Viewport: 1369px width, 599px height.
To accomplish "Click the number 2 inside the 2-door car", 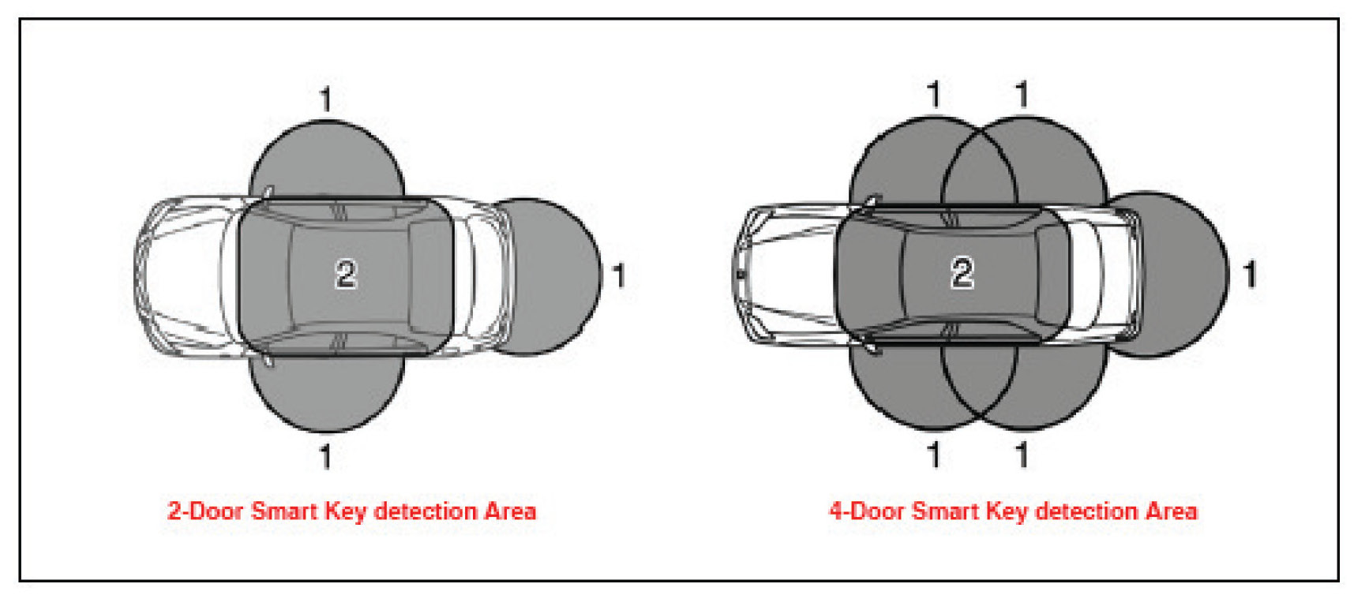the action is pos(346,274).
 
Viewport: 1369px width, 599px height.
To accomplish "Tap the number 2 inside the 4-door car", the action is pos(961,273).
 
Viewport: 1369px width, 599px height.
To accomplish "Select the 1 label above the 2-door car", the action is pos(325,99).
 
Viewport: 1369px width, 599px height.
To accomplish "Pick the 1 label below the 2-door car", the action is pos(325,456).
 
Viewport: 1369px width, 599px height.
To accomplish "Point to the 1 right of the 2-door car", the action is pos(619,275).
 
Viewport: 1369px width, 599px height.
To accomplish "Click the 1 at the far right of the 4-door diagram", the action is pos(1249,275).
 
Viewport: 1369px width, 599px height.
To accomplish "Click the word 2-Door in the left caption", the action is pos(204,511).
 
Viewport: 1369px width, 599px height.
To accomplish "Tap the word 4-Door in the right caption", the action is pos(866,511).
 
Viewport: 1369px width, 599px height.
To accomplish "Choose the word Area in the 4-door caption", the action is pos(1172,511).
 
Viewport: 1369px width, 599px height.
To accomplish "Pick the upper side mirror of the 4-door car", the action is pos(873,201).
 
